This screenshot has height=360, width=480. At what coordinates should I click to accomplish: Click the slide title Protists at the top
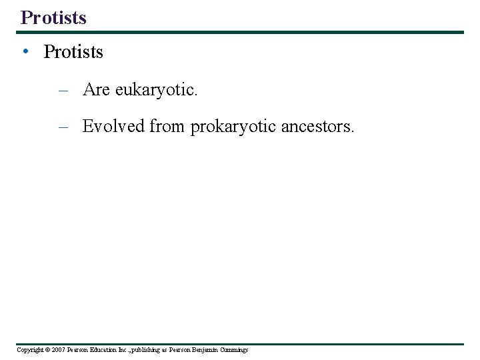click(53, 17)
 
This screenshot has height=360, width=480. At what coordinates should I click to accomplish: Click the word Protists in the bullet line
click(73, 52)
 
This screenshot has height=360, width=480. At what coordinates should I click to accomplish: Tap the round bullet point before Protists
click(24, 52)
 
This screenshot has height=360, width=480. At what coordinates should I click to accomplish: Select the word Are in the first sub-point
click(96, 90)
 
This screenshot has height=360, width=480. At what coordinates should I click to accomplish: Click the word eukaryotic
click(156, 91)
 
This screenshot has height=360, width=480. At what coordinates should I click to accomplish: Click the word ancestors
click(317, 126)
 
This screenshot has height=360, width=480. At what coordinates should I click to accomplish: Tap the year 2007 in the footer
click(58, 350)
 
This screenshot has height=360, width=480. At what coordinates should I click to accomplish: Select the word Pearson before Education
click(78, 350)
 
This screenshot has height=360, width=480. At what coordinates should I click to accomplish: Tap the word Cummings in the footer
click(234, 350)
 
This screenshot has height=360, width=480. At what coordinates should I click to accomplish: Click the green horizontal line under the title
click(240, 32)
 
